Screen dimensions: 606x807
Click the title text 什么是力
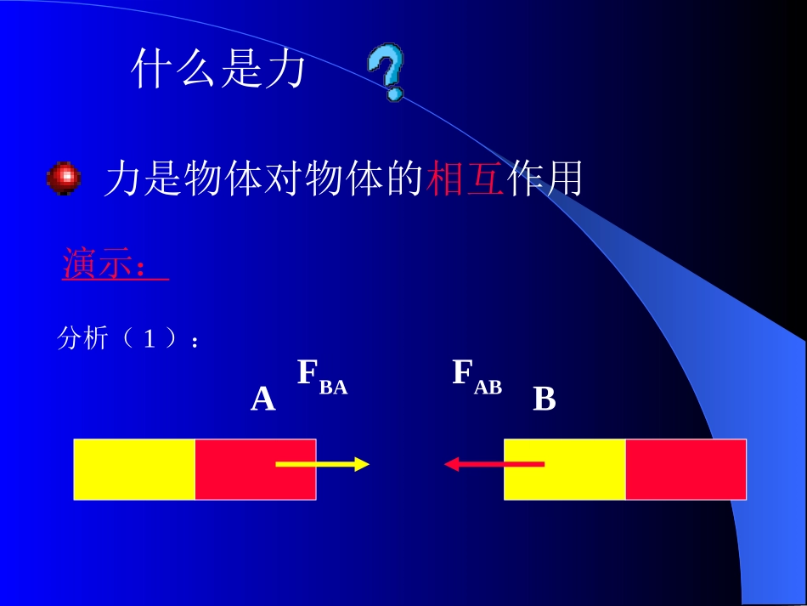[218, 70]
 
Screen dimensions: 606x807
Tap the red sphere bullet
[64, 179]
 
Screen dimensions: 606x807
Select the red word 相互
[467, 179]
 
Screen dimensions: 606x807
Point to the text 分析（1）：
[128, 339]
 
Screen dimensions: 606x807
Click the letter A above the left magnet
[262, 399]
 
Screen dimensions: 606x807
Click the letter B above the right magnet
[544, 399]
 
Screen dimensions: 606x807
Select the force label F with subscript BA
[322, 377]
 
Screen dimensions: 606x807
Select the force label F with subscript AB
[477, 377]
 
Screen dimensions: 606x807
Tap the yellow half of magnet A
[134, 469]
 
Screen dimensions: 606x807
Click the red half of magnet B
[686, 469]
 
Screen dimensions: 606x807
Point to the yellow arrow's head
[363, 464]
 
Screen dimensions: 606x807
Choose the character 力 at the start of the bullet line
[122, 179]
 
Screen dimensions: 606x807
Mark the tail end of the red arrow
[541, 464]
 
